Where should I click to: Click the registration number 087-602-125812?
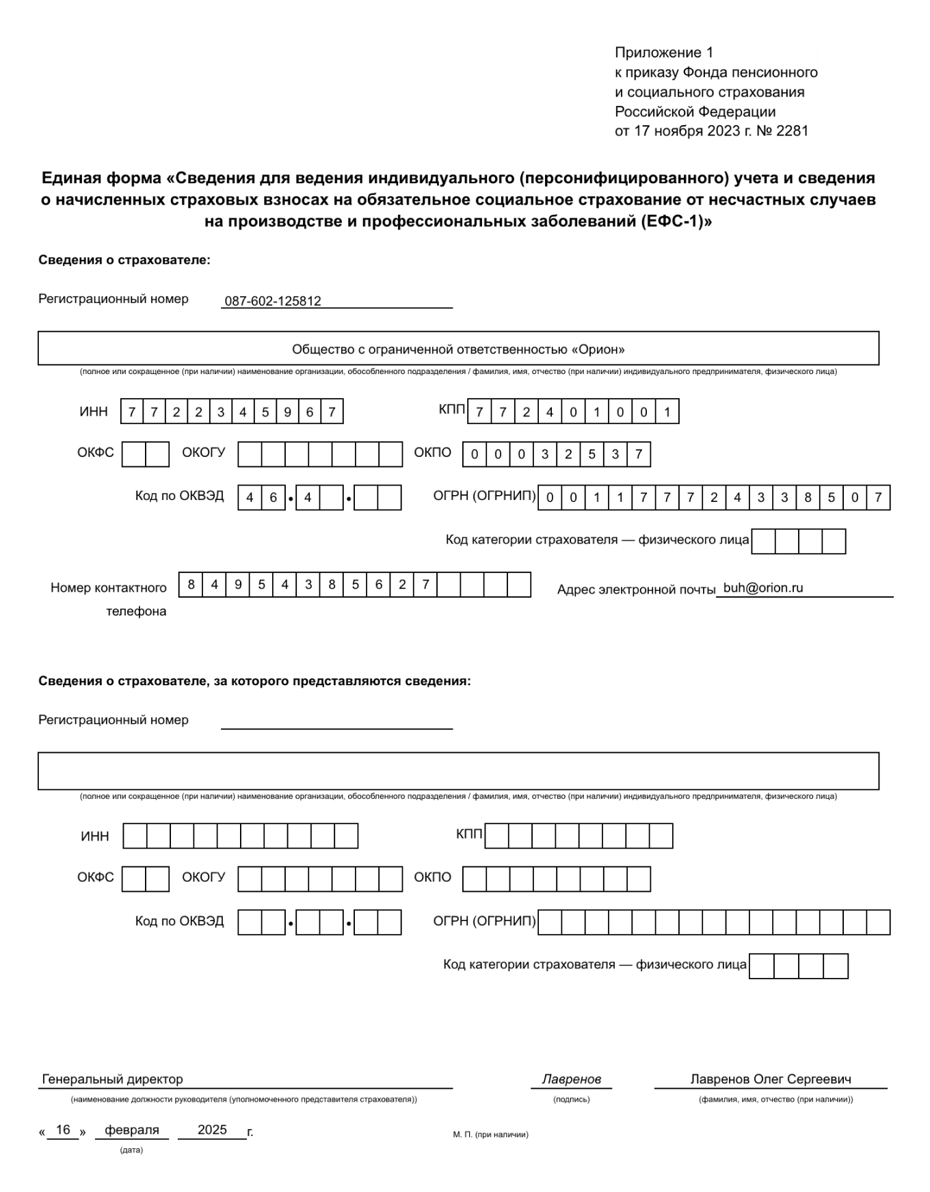273,301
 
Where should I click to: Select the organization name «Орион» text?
458,349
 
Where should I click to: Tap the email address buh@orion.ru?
763,587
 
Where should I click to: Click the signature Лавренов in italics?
571,1079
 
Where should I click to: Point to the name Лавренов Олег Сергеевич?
771,1079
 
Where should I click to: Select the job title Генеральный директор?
113,1079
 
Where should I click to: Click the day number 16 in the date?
63,1130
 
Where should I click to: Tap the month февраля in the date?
132,1130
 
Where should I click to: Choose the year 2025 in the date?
212,1130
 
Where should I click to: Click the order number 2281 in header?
793,131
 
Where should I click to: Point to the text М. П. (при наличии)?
490,1135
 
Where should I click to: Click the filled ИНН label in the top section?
94,411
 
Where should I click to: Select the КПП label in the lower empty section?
469,834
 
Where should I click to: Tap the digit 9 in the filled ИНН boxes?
287,412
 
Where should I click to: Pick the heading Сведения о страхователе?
124,260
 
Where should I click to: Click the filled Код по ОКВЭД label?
179,496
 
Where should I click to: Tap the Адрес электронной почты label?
636,590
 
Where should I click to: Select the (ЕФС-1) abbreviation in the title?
676,222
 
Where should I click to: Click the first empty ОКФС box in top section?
134,454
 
